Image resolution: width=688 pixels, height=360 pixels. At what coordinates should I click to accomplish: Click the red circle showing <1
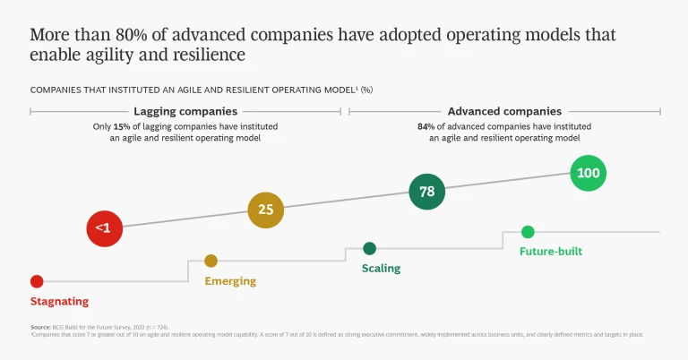tap(103, 228)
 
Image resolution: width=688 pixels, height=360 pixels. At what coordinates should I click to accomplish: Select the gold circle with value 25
tap(266, 210)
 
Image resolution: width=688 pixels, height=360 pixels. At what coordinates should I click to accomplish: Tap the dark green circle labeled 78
tap(427, 192)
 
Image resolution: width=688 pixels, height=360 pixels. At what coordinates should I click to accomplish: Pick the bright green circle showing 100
tap(589, 173)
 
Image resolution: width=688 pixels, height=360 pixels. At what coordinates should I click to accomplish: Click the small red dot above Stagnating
tap(37, 281)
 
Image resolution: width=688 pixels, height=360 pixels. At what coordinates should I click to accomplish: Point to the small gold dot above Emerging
tap(211, 261)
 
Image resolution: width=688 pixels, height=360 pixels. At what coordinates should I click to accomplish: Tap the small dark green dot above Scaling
tap(369, 248)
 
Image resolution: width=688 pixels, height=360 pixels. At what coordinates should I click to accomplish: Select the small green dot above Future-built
tap(528, 232)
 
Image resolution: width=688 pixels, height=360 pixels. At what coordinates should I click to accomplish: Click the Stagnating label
tap(59, 302)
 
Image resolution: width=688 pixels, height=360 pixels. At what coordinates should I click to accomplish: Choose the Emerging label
tap(230, 281)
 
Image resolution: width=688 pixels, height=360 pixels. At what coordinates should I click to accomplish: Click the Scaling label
tap(381, 269)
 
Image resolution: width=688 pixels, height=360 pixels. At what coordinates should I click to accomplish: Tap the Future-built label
tap(551, 252)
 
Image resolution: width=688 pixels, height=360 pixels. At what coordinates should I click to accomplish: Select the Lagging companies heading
tap(185, 112)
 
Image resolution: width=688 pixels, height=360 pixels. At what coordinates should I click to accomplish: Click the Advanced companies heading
tap(504, 112)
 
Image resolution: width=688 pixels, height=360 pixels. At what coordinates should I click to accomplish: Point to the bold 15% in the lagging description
tap(121, 126)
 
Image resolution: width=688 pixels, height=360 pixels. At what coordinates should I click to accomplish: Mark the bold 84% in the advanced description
tap(426, 126)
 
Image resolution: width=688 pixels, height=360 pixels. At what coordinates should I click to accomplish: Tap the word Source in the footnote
tap(39, 328)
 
